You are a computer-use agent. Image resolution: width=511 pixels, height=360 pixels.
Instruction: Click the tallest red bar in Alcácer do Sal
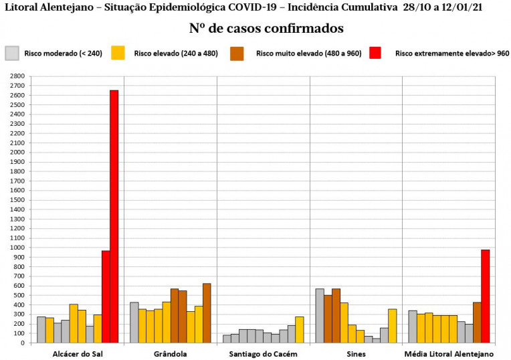[114, 216]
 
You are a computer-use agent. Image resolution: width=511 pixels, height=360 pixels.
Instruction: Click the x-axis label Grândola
[170, 353]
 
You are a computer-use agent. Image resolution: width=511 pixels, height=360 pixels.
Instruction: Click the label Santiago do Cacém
[263, 353]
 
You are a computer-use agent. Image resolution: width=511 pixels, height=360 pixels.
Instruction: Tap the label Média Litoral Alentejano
[449, 353]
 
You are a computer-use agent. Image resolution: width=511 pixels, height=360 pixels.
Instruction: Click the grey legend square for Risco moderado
[12, 53]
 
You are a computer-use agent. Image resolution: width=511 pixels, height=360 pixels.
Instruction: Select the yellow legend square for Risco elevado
[118, 53]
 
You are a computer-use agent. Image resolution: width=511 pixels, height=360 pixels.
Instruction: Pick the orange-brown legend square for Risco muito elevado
[237, 53]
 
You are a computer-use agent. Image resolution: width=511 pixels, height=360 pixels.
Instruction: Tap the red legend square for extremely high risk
[375, 53]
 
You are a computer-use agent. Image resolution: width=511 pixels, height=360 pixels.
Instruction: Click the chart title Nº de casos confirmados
[266, 29]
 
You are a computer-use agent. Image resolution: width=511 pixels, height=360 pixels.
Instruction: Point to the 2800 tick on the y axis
[17, 76]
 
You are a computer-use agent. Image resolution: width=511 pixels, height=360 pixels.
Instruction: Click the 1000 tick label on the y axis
[17, 248]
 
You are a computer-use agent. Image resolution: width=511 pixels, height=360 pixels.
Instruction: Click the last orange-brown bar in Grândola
[207, 312]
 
